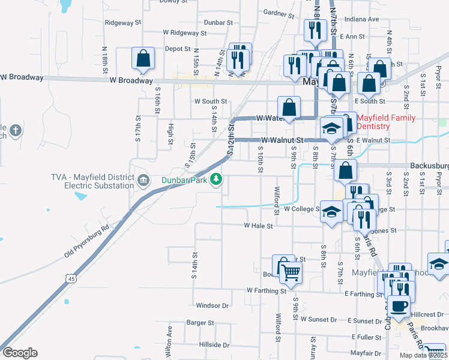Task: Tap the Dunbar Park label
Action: pos(184,179)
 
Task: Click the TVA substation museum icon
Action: pos(143,180)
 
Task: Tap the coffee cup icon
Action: pos(399,307)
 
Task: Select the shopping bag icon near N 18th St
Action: pos(143,59)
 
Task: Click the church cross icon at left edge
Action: pos(16,129)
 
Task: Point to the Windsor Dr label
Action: pos(209,305)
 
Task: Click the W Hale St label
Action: pos(258,226)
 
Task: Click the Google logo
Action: pos(20,353)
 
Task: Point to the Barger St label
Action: pos(200,322)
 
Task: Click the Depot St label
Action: pos(178,49)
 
